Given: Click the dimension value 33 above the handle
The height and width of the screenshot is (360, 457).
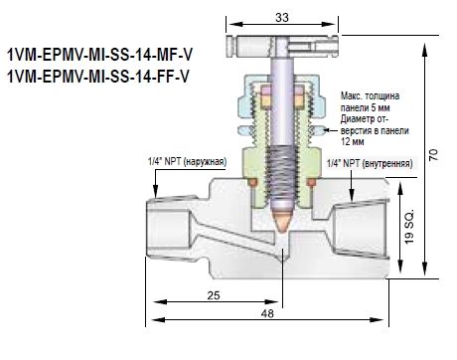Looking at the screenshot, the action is click(282, 17).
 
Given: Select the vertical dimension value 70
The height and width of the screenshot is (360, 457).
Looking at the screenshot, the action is click(433, 155).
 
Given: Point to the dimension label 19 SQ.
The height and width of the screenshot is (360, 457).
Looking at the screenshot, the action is click(409, 227).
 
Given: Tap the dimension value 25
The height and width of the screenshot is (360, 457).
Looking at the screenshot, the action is click(214, 295).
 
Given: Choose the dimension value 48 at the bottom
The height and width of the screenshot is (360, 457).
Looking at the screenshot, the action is click(267, 313).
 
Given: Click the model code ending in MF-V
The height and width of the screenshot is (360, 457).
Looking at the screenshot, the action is click(99, 55).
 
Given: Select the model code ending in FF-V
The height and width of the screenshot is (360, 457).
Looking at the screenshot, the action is click(98, 77).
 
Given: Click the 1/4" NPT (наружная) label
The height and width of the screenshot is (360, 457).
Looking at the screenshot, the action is click(188, 161).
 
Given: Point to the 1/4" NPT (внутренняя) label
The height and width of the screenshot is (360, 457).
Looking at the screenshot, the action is click(370, 163).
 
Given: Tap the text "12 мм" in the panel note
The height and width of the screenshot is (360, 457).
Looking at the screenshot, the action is click(353, 141).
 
